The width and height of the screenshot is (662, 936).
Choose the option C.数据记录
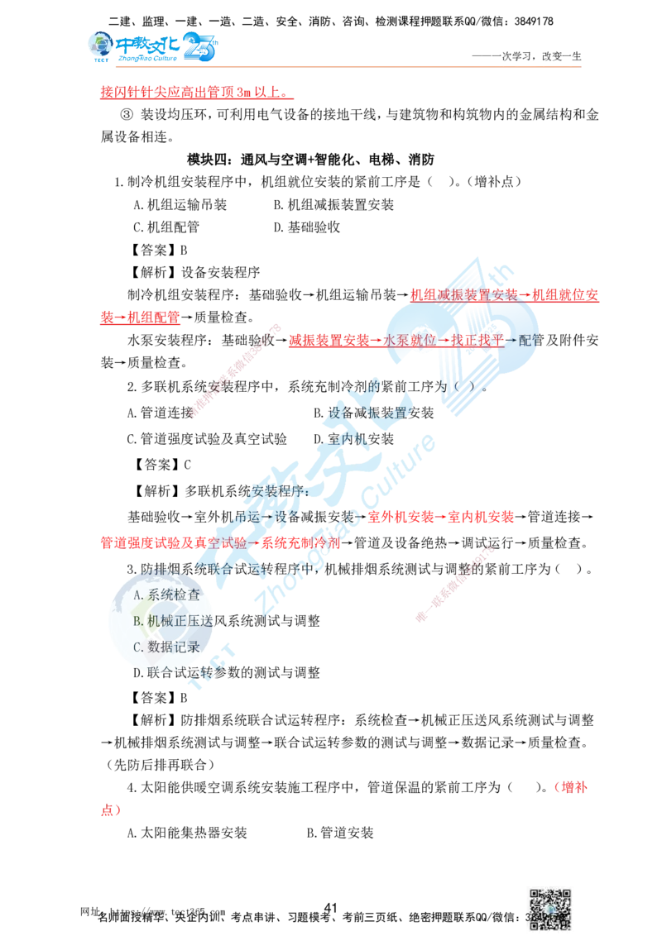point(166,646)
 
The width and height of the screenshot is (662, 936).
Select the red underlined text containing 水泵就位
point(396,341)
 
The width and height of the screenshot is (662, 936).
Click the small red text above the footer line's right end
point(570,787)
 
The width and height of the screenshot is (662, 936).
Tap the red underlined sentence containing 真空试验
point(219,543)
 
